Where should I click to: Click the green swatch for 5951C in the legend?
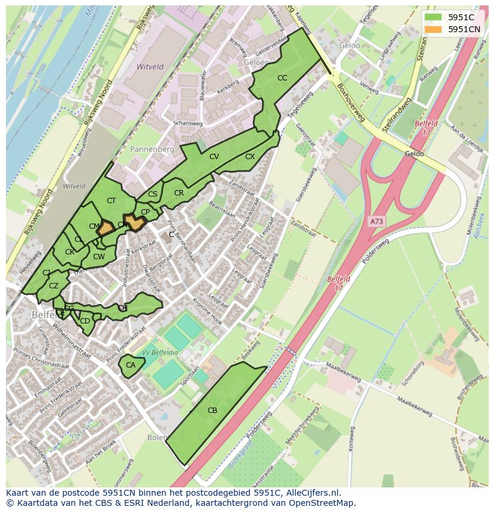434,17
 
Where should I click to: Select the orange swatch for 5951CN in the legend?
434,29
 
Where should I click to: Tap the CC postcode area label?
282,78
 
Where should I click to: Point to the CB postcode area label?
212,410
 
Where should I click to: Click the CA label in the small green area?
131,365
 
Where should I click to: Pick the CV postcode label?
214,157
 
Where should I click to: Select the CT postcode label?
111,201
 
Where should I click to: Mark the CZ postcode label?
54,286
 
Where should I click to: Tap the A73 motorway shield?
376,221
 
